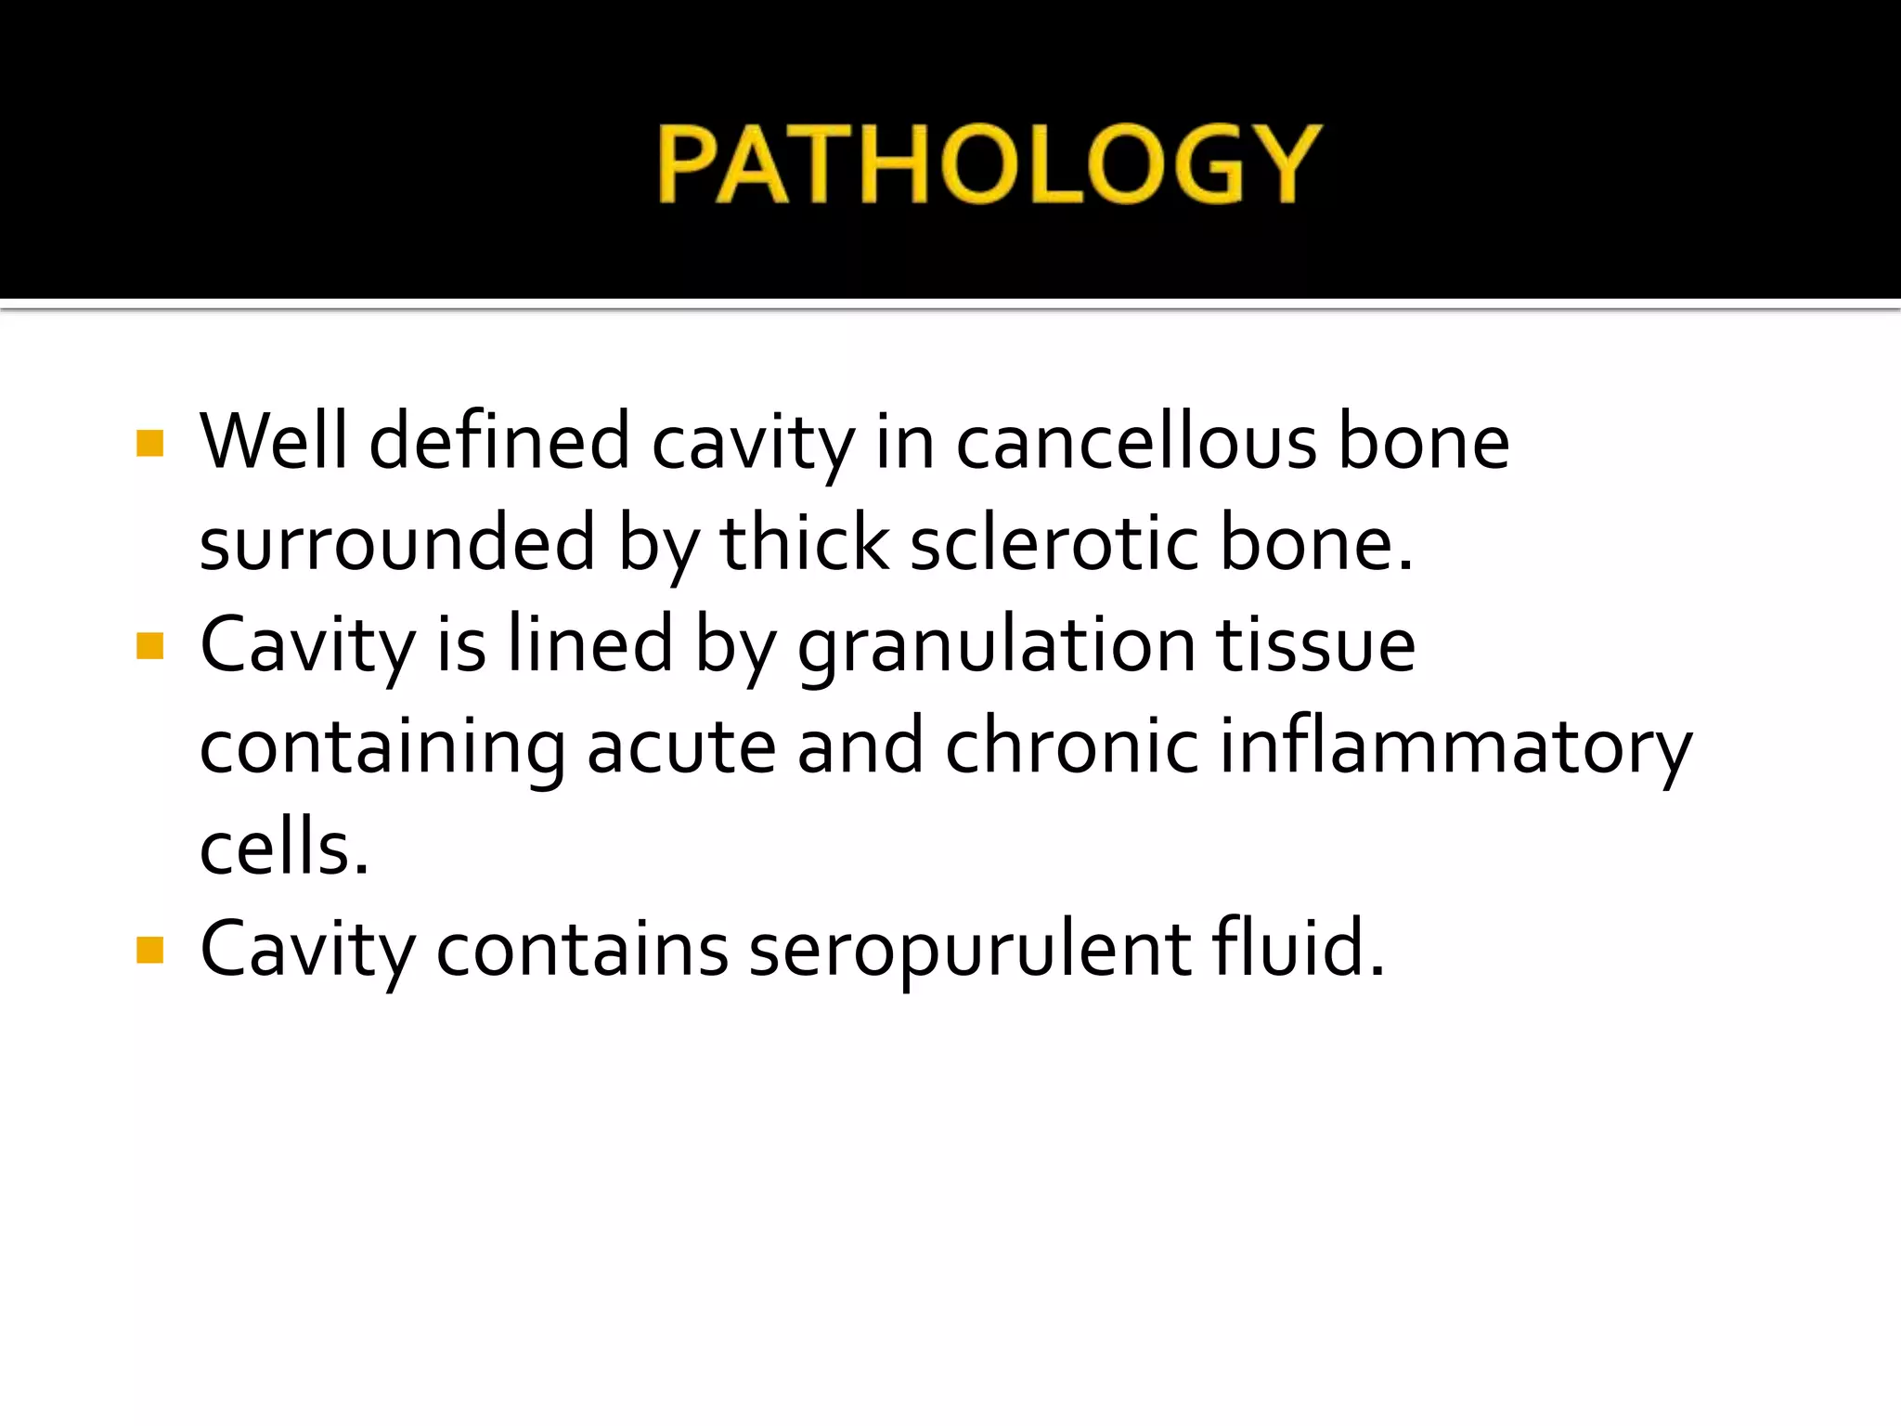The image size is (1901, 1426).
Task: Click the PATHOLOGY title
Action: pos(989,164)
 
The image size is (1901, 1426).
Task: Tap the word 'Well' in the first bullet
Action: pos(273,441)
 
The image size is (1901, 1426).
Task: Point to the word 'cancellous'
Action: pos(1136,443)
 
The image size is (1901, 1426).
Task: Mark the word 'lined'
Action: pos(590,644)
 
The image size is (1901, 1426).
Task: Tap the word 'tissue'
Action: pos(1315,644)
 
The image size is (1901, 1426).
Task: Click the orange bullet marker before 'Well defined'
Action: pos(149,443)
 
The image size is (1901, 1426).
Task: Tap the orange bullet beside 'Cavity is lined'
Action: pos(149,645)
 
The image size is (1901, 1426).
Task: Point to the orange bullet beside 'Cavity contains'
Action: pos(149,950)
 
